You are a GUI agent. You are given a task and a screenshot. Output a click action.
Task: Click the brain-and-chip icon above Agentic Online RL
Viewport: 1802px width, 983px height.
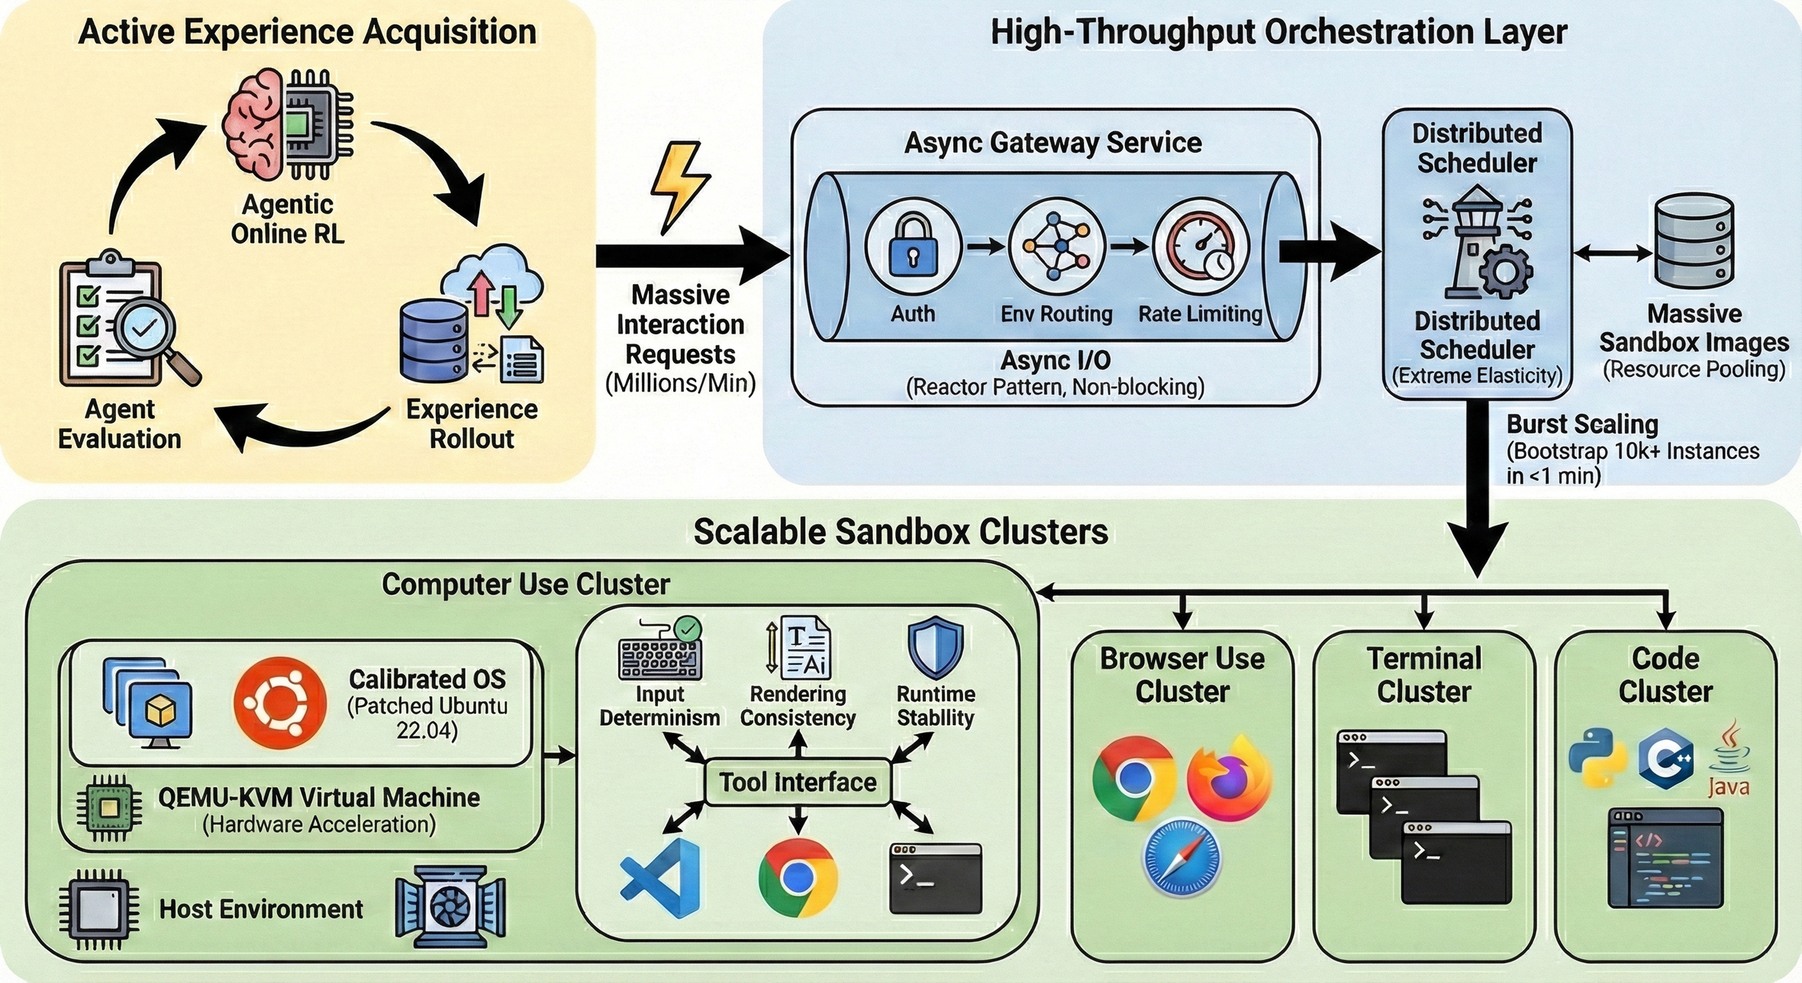289,124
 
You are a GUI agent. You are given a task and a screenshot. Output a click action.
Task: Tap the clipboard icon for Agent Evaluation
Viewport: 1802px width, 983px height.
114,324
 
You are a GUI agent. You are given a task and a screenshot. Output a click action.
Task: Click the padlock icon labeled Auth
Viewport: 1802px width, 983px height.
913,248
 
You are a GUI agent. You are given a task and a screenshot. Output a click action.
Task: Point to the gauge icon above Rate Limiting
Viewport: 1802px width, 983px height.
1201,248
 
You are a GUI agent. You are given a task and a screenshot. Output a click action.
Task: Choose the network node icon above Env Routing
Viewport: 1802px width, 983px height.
1057,247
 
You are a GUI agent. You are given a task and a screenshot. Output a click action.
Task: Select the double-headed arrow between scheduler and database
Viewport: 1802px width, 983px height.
1613,253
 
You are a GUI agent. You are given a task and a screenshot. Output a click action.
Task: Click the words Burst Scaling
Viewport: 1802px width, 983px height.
1582,424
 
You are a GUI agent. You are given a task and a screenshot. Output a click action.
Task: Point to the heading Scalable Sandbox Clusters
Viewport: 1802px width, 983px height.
901,532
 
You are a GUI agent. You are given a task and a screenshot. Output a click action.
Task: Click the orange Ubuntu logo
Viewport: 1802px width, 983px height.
280,703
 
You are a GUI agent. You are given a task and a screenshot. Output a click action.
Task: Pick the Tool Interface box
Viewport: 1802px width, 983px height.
798,782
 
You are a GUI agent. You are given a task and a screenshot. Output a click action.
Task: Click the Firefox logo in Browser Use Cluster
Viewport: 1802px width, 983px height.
1229,778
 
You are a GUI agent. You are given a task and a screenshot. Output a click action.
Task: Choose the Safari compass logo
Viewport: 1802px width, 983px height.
1181,857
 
